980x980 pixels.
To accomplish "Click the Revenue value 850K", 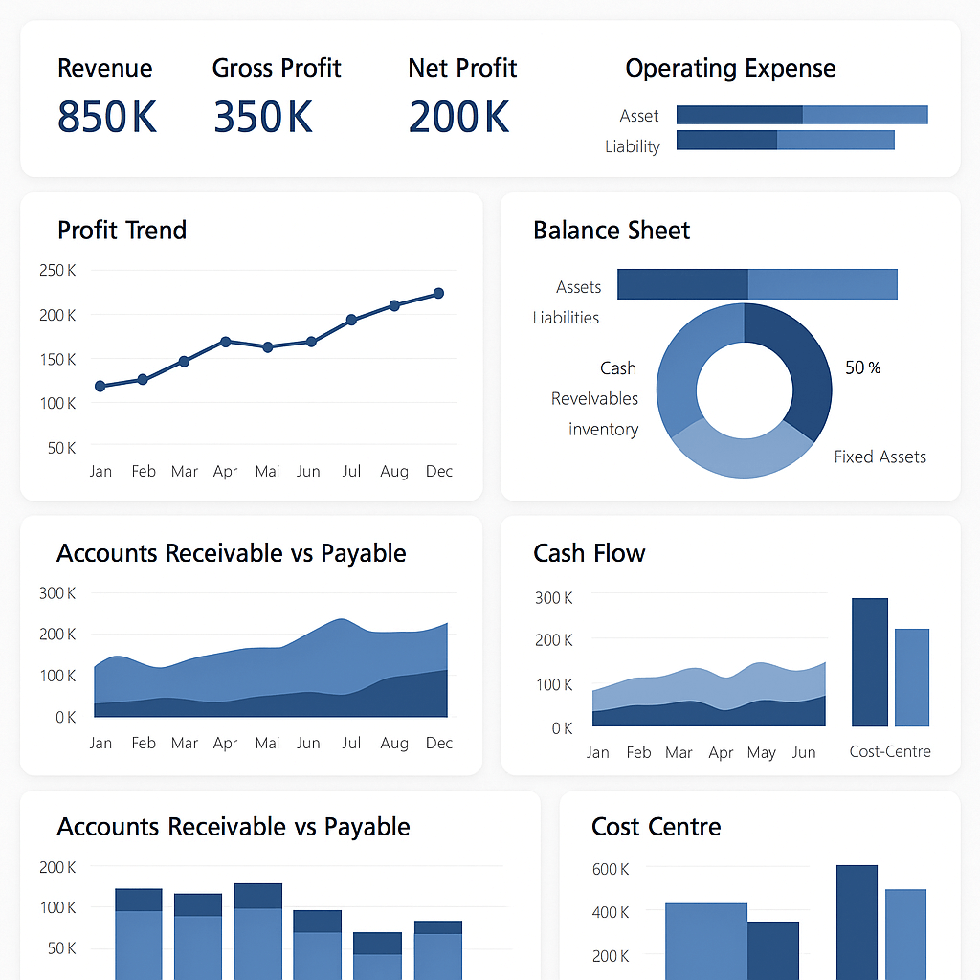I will pyautogui.click(x=106, y=117).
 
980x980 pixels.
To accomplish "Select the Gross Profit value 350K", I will pyautogui.click(x=263, y=117).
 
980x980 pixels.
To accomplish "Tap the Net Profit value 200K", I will pyautogui.click(x=458, y=117).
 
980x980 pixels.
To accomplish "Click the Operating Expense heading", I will pyautogui.click(x=730, y=69).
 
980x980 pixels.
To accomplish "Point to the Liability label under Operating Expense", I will pyautogui.click(x=632, y=146).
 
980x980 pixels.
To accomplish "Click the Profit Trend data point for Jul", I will pyautogui.click(x=351, y=320).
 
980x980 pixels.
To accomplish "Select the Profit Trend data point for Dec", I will pyautogui.click(x=438, y=293).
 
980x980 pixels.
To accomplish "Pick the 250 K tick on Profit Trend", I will pyautogui.click(x=57, y=271).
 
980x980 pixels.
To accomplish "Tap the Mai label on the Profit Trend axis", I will pyautogui.click(x=267, y=471).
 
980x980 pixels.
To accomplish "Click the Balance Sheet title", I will pyautogui.click(x=612, y=231).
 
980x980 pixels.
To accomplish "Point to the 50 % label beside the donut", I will pyautogui.click(x=862, y=367).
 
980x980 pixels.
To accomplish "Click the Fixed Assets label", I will pyautogui.click(x=880, y=457).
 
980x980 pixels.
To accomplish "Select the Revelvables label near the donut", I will pyautogui.click(x=594, y=398).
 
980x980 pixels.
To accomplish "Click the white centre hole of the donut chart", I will pyautogui.click(x=744, y=390).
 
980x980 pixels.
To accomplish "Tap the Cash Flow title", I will pyautogui.click(x=589, y=553).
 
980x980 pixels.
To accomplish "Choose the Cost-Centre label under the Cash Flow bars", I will pyautogui.click(x=890, y=751).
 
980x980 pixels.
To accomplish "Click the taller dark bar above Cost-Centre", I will pyautogui.click(x=869, y=661).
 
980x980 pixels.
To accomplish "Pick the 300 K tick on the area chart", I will pyautogui.click(x=57, y=593).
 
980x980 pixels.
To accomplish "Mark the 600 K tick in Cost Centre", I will pyautogui.click(x=611, y=869).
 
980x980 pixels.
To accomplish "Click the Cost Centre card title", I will pyautogui.click(x=656, y=827).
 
